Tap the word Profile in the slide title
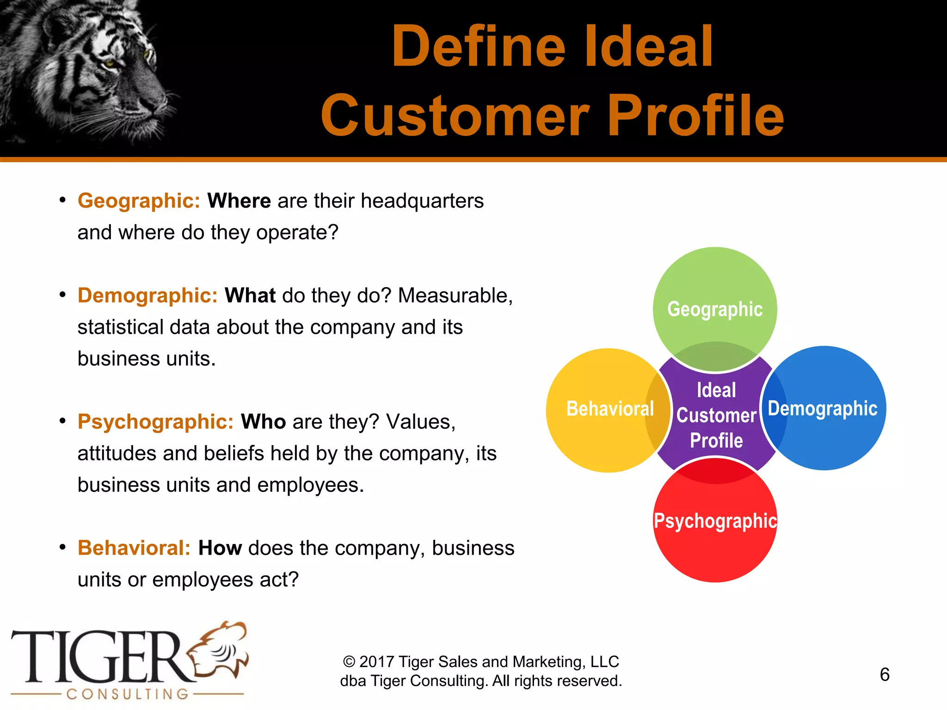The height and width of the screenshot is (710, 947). point(695,116)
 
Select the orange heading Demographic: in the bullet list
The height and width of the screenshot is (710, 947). point(148,296)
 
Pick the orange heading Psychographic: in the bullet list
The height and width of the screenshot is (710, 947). point(156,422)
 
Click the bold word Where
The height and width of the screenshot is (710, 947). point(239,201)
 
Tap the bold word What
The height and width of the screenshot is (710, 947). point(250,296)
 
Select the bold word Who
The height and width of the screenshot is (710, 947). point(263,422)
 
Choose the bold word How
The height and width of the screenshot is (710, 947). point(220,548)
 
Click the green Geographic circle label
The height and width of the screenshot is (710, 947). point(715,309)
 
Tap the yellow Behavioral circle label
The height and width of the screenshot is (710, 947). point(610,409)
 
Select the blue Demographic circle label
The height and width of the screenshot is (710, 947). point(823,409)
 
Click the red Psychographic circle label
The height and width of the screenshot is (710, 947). point(715,521)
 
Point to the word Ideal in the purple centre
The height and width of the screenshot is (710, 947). point(716,391)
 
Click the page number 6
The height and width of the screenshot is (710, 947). point(885,674)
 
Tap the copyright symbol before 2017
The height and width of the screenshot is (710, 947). point(349,662)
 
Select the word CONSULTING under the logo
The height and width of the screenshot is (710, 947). point(128,694)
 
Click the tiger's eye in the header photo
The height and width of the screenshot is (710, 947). point(110,63)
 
